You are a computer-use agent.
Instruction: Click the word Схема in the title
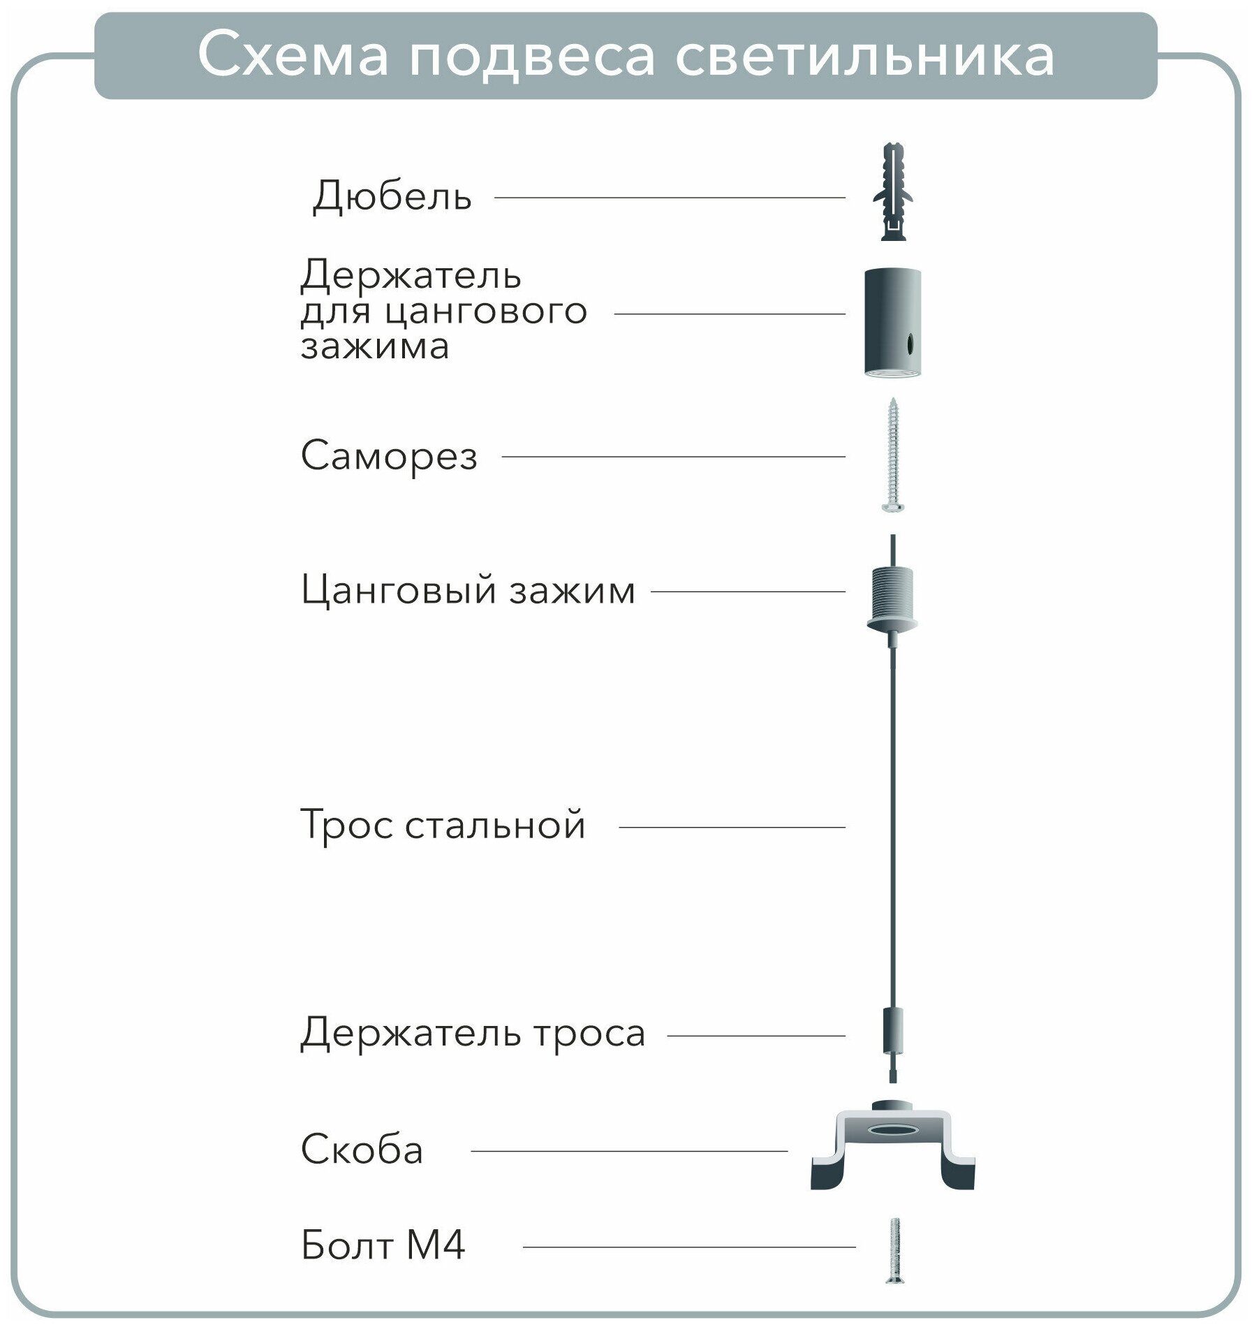click(293, 55)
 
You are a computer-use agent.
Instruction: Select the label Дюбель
click(392, 197)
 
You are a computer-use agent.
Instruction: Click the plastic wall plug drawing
click(893, 192)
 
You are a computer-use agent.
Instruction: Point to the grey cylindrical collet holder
click(893, 321)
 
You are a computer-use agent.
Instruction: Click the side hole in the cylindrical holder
click(910, 344)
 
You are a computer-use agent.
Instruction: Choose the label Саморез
click(389, 456)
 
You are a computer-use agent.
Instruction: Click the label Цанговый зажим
click(468, 591)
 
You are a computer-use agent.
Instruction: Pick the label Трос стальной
click(443, 826)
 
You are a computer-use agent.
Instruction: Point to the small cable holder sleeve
click(893, 1034)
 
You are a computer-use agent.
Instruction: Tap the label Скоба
click(362, 1150)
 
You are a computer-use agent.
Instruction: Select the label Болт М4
click(383, 1245)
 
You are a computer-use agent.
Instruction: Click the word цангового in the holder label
click(486, 311)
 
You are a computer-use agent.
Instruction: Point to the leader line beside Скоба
click(628, 1151)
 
